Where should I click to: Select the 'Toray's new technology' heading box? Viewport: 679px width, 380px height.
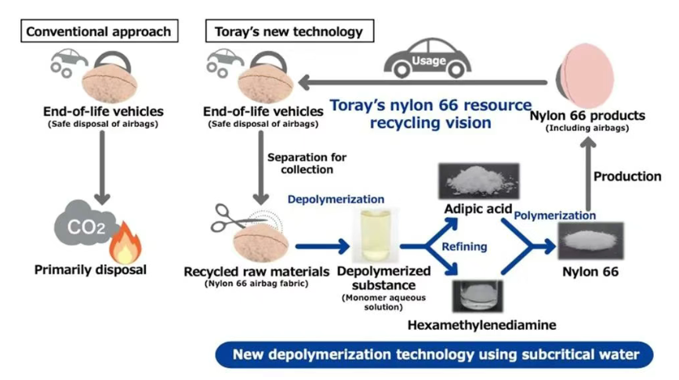coord(289,32)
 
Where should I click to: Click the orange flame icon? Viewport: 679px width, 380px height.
coord(123,244)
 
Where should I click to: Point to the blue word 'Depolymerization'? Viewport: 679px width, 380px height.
coord(336,200)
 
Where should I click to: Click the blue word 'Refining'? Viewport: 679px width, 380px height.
coord(464,246)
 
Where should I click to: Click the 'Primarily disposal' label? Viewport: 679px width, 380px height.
coord(90,270)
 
